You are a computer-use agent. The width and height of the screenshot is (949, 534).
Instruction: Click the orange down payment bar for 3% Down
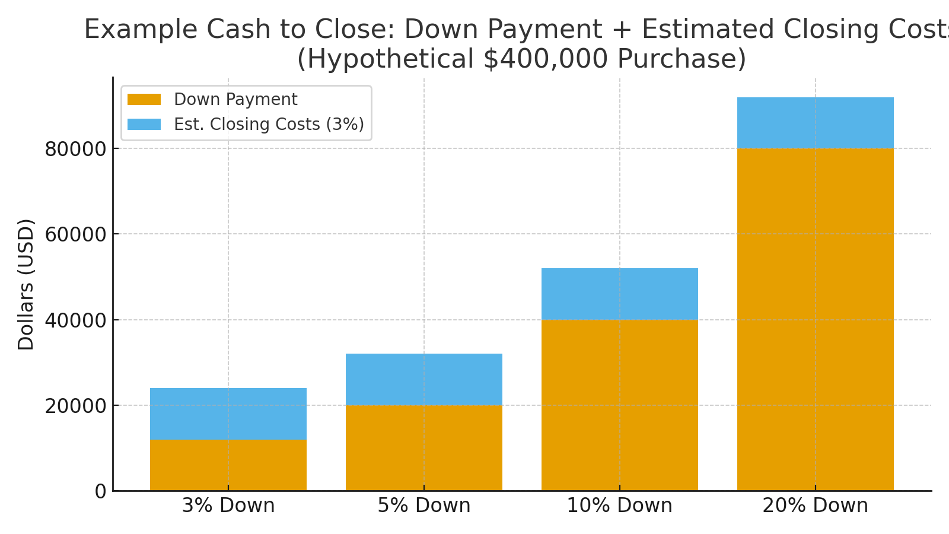pyautogui.click(x=228, y=465)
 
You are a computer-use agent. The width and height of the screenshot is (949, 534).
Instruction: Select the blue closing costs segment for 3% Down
pyautogui.click(x=228, y=414)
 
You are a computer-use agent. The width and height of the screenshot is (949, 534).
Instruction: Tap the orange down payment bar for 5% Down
pyautogui.click(x=424, y=448)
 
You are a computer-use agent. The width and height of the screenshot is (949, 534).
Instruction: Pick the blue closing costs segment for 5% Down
pyautogui.click(x=424, y=380)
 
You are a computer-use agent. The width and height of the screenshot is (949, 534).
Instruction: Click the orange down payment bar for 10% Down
pyautogui.click(x=620, y=405)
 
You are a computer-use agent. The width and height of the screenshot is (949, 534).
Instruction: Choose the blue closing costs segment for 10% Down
pyautogui.click(x=620, y=294)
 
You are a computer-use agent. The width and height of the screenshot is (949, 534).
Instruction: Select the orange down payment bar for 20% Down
pyautogui.click(x=816, y=319)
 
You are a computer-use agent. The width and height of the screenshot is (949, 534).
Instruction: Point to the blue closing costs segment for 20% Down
pyautogui.click(x=816, y=123)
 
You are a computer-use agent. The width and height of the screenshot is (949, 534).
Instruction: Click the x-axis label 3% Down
pyautogui.click(x=228, y=506)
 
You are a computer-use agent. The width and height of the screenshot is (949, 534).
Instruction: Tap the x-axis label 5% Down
pyautogui.click(x=424, y=506)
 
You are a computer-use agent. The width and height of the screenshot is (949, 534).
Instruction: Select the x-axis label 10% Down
pyautogui.click(x=620, y=506)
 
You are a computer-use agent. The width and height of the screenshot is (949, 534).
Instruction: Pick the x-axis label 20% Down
pyautogui.click(x=816, y=506)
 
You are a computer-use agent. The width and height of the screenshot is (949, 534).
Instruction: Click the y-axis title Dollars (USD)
pyautogui.click(x=26, y=284)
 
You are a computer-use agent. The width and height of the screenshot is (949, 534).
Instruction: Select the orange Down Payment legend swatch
pyautogui.click(x=144, y=100)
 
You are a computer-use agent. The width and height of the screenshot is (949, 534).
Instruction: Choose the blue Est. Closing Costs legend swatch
pyautogui.click(x=144, y=124)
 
